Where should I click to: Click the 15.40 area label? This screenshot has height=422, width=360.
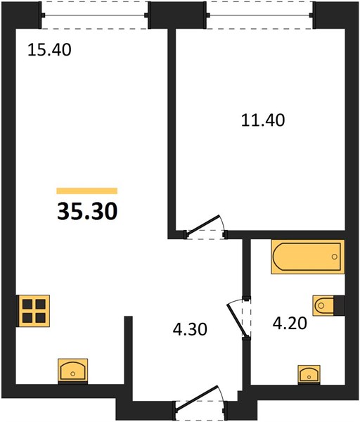coord(49,50)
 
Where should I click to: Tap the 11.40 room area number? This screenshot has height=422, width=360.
coord(263,120)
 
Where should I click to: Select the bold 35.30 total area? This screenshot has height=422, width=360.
coord(87,211)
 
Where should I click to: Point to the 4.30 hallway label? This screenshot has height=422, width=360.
coord(190,329)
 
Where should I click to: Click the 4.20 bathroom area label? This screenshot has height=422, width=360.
coord(290,324)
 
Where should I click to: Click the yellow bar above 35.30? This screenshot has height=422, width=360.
coord(87,191)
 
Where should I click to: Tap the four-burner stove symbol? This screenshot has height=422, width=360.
coord(33,311)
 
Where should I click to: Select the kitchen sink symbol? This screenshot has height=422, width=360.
coord(72,371)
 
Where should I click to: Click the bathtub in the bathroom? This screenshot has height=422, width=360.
coord(308,257)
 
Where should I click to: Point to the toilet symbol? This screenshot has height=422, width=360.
coord(323,306)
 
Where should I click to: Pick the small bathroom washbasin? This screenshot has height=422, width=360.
coord(309,374)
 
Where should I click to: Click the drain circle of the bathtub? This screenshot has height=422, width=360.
coord(335,257)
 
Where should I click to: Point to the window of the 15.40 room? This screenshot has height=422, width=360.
coord(95,15)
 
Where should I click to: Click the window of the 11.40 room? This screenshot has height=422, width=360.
coord(260,15)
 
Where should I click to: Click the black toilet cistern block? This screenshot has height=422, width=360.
coord(339,305)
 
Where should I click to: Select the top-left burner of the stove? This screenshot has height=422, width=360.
coord(27,305)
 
